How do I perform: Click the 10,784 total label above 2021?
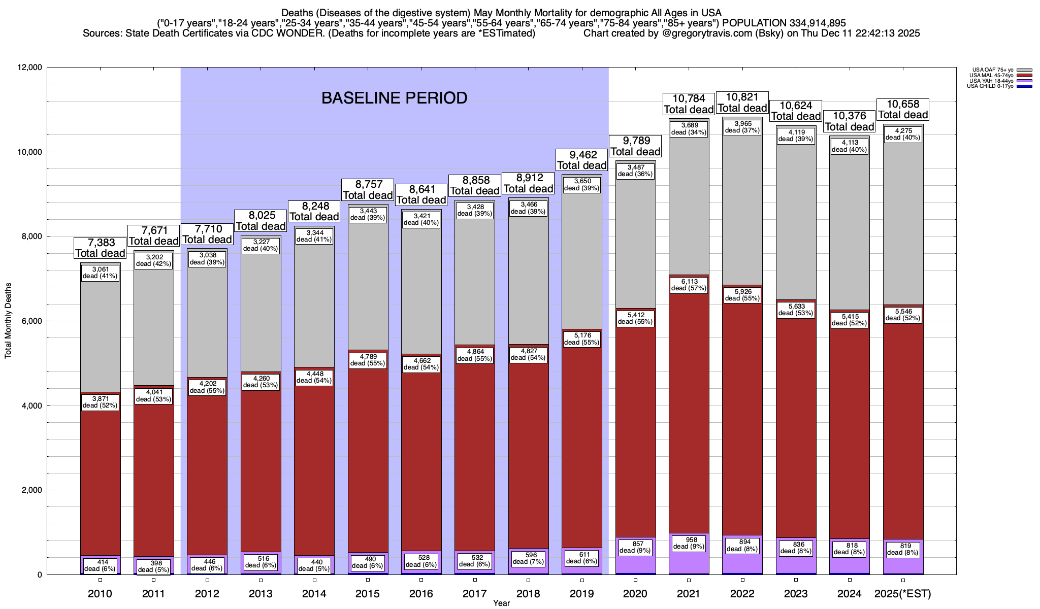click(689, 104)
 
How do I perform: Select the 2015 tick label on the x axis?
click(368, 594)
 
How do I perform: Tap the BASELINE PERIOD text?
click(394, 98)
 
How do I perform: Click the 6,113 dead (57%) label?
click(689, 285)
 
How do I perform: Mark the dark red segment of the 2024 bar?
click(850, 431)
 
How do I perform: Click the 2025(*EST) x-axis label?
click(903, 594)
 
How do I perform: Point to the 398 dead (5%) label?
click(154, 566)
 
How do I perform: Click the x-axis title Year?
click(501, 603)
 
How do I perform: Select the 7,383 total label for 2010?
click(101, 248)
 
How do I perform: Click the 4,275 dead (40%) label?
click(903, 134)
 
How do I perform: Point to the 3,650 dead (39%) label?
click(581, 185)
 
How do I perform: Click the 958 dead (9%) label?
click(689, 543)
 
